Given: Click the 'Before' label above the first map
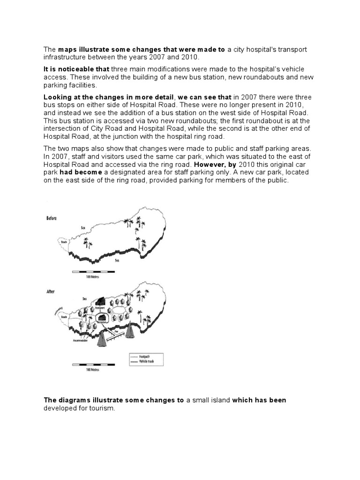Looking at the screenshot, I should click(x=52, y=218).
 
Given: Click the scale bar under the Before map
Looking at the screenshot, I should click(x=91, y=272).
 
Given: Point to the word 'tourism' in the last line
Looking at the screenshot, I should click(x=100, y=409).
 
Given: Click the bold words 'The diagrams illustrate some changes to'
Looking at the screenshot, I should click(x=113, y=400).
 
